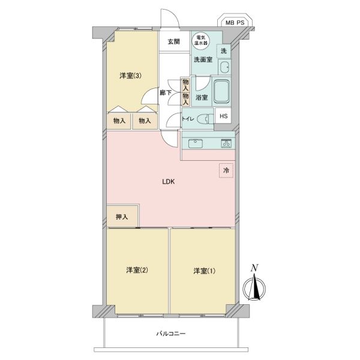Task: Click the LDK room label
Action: click(x=169, y=182)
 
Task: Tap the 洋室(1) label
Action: click(x=205, y=271)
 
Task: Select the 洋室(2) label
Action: click(x=137, y=270)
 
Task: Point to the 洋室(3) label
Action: click(x=130, y=76)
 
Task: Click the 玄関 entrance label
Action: click(x=174, y=42)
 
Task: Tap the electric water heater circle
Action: click(x=201, y=41)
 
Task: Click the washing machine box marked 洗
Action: click(x=224, y=51)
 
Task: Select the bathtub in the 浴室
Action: click(x=222, y=91)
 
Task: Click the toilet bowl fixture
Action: click(x=205, y=119)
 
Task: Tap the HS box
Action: click(x=224, y=116)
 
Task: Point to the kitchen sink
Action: click(x=196, y=144)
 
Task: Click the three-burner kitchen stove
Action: click(x=226, y=143)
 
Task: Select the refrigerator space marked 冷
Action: click(x=226, y=170)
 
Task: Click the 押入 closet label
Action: click(x=122, y=217)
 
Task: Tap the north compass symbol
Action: click(x=254, y=285)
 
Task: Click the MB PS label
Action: click(x=235, y=23)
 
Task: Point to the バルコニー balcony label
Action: click(x=171, y=334)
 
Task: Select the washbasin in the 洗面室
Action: click(x=224, y=67)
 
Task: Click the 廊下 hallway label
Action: click(x=166, y=93)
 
